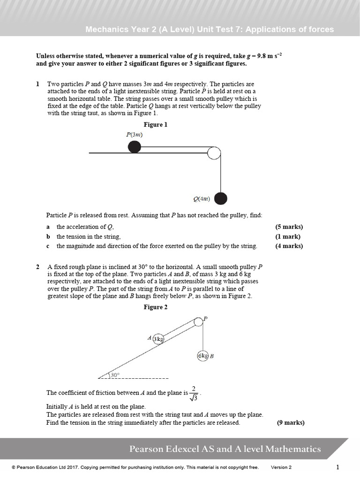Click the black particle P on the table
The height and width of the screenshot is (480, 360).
pos(135,147)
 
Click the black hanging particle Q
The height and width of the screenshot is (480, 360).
pos(221,199)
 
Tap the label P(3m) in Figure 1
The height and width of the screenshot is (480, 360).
pos(134,135)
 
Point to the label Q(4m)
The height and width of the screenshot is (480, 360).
pos(202,199)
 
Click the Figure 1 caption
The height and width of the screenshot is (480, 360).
pos(155,125)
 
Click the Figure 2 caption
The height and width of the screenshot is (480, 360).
pos(155,307)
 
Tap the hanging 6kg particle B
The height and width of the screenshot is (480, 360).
pos(202,356)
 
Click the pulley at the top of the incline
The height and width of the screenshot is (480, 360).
pos(198,322)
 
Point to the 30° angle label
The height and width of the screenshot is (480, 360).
pos(115,375)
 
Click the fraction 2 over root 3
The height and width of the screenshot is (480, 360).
pos(194,393)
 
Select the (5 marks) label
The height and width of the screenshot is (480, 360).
pos(289,227)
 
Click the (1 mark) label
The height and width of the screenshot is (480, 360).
pos(288,237)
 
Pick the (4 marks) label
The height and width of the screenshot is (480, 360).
pos(289,246)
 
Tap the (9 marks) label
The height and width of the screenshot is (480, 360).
pos(291,422)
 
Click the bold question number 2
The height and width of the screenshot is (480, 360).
pos(38,267)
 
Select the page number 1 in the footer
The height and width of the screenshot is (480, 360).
pos(337,467)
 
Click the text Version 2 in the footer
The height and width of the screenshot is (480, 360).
pos(281,467)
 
